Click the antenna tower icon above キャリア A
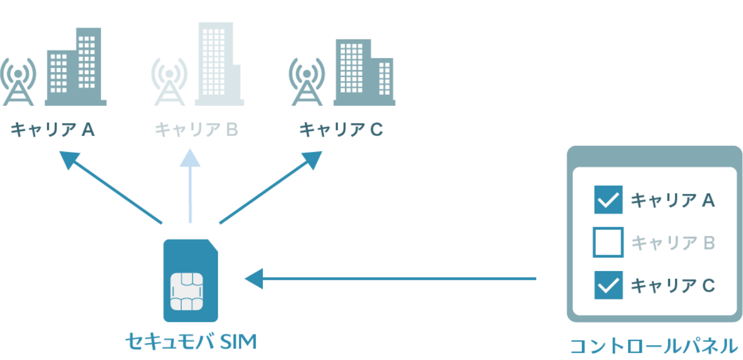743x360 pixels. pos(18,82)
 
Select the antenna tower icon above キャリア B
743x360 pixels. pos(169,82)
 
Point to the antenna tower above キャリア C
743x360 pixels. pos(307,82)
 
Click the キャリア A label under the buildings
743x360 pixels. pos(53,129)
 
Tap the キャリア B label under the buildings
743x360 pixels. pos(196,129)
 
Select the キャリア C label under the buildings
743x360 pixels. pos(341,129)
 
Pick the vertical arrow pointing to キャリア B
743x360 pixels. pos(190,186)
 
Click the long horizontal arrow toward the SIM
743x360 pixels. pos(392,278)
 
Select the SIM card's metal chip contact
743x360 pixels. pos(187,292)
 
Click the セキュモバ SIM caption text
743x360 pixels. pos(191,342)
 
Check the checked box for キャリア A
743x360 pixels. pos(608,200)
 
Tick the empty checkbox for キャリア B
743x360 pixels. pos(608,243)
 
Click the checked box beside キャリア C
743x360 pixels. pos(608,285)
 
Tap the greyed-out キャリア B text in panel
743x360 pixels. pos(673,243)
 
